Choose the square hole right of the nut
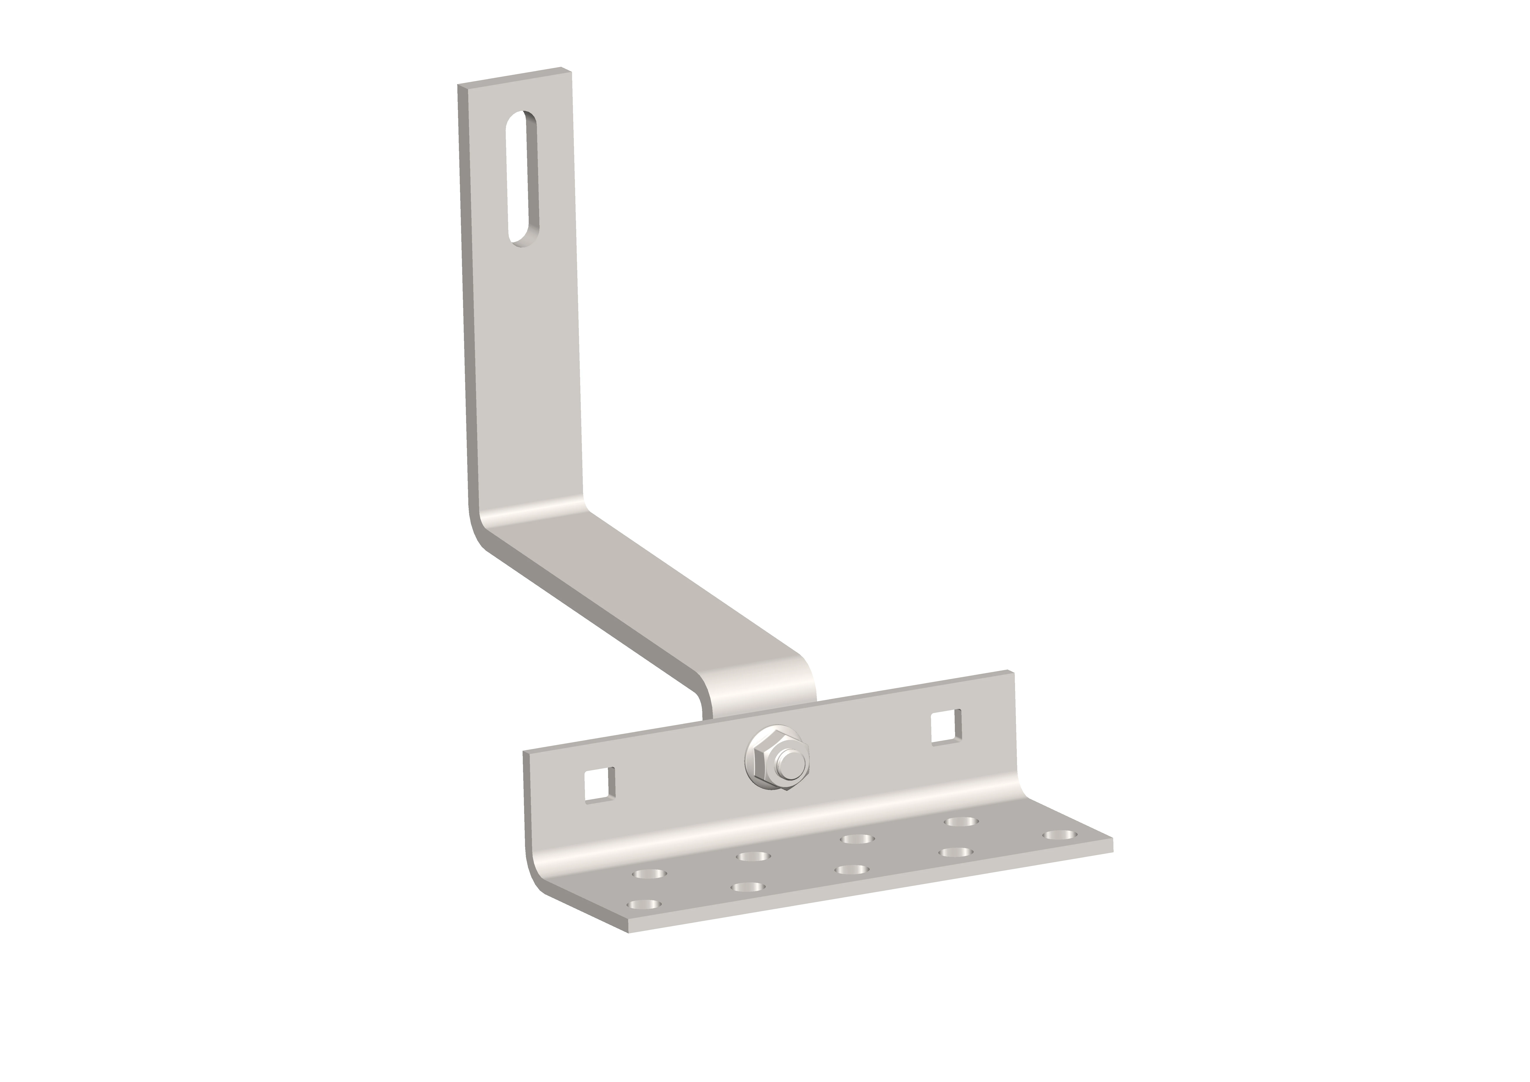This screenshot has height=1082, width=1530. pyautogui.click(x=946, y=727)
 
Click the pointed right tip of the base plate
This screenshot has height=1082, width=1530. pyautogui.click(x=1111, y=845)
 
